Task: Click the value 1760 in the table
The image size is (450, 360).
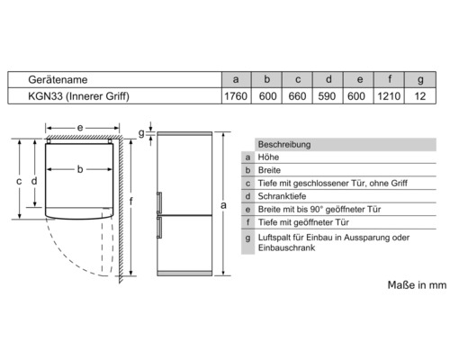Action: (236, 96)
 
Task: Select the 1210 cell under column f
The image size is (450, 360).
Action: (389, 96)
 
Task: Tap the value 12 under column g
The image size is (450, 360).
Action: (420, 96)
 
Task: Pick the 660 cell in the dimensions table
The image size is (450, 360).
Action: (297, 96)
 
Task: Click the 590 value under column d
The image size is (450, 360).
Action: (327, 96)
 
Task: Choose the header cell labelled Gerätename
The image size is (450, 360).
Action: (58, 80)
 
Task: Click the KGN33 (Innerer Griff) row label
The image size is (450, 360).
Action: (78, 96)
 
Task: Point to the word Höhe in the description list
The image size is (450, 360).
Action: (268, 157)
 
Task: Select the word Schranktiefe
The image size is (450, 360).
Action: (282, 196)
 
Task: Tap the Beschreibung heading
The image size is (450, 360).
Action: (284, 145)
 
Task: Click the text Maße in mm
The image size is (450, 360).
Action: (417, 285)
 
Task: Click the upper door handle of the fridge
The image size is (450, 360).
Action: (159, 202)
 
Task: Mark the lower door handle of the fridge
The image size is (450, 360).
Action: (159, 228)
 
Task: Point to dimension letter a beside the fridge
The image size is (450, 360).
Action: (223, 205)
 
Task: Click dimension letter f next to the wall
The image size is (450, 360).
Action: (130, 201)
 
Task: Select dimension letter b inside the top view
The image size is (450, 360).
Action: (80, 169)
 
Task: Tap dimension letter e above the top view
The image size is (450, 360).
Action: (80, 128)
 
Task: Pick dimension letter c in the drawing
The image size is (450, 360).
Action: (19, 181)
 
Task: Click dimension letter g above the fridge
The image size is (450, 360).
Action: (141, 133)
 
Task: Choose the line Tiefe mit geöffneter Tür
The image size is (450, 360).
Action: (303, 222)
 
